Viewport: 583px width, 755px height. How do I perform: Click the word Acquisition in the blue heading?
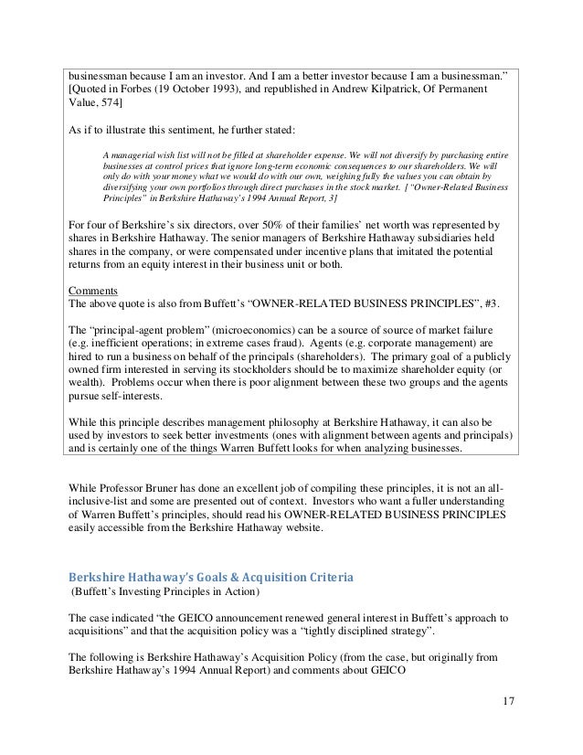[x=291, y=577]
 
